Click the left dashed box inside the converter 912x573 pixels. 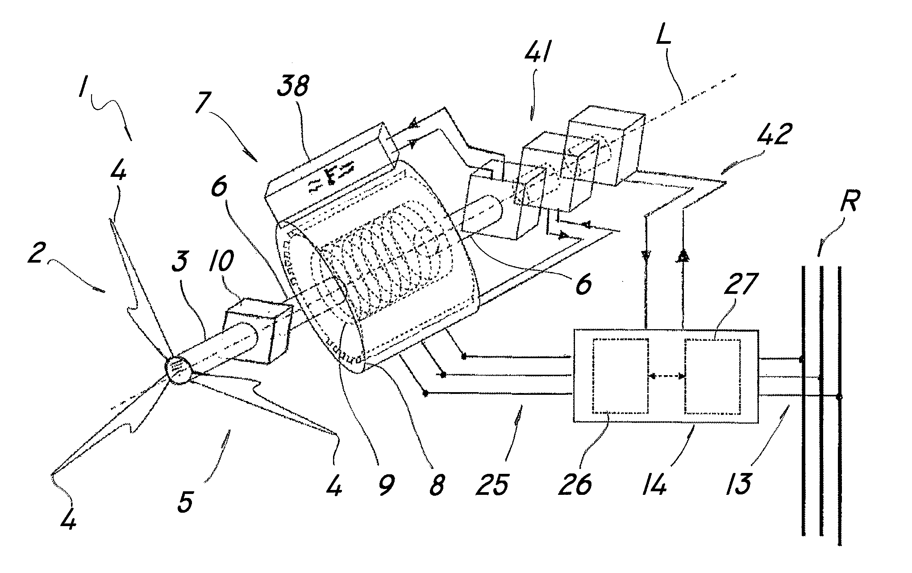[620, 376]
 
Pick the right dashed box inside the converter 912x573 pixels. [713, 376]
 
